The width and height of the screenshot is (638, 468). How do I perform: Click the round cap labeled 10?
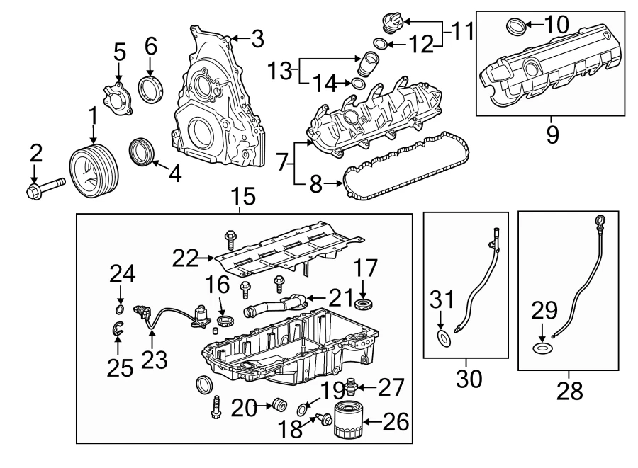(x=517, y=28)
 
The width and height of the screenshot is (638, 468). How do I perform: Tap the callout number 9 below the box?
(x=552, y=132)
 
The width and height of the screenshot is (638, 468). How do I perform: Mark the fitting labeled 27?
(x=349, y=387)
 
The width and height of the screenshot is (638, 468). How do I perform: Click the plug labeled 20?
(x=279, y=406)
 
